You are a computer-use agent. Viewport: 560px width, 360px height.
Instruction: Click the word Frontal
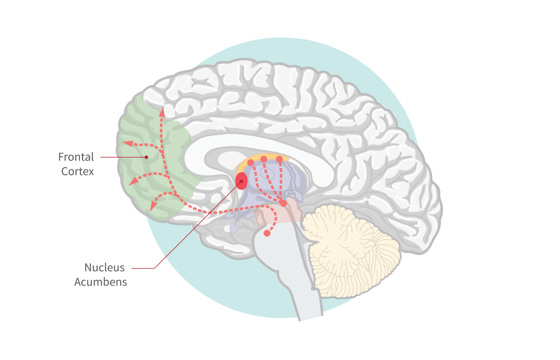(x=76, y=157)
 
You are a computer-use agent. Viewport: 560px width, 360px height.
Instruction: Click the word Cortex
(x=78, y=171)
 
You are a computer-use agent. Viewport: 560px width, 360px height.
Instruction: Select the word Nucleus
(x=105, y=267)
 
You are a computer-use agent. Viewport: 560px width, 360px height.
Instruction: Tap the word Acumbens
(x=101, y=282)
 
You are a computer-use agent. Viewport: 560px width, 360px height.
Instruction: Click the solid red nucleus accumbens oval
(x=241, y=181)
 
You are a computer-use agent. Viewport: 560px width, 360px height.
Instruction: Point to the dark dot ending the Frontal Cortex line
(x=146, y=157)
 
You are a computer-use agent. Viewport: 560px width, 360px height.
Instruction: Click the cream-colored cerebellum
(x=350, y=250)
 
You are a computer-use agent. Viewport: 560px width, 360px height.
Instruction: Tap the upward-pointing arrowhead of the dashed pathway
(x=162, y=113)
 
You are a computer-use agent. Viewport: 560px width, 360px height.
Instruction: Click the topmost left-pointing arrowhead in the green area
(x=128, y=144)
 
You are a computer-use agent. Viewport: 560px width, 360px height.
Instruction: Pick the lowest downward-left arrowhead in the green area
(x=153, y=207)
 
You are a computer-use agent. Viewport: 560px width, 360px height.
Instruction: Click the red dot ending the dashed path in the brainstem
(x=267, y=233)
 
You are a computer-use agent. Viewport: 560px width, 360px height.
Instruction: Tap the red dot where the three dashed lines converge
(x=284, y=203)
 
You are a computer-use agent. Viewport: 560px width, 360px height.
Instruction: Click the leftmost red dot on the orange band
(x=251, y=163)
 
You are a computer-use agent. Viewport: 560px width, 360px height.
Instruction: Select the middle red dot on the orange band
(x=264, y=159)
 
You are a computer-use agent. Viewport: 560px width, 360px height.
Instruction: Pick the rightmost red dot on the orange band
(x=279, y=159)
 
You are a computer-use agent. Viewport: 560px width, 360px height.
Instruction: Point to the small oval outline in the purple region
(x=268, y=173)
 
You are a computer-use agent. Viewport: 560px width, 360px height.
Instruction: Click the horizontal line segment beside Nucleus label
(x=143, y=268)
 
